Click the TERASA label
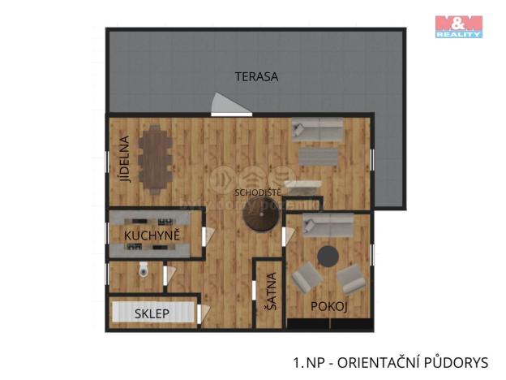(x=256, y=77)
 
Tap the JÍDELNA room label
(x=124, y=160)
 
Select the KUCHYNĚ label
(x=152, y=235)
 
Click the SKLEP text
(x=152, y=313)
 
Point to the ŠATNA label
(x=271, y=291)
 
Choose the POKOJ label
(x=329, y=306)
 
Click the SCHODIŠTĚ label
(x=258, y=192)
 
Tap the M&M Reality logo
(x=458, y=27)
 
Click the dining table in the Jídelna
(x=153, y=160)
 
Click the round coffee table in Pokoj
(x=328, y=256)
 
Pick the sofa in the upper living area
(x=317, y=129)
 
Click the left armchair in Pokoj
(x=306, y=279)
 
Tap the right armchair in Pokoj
(x=352, y=279)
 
